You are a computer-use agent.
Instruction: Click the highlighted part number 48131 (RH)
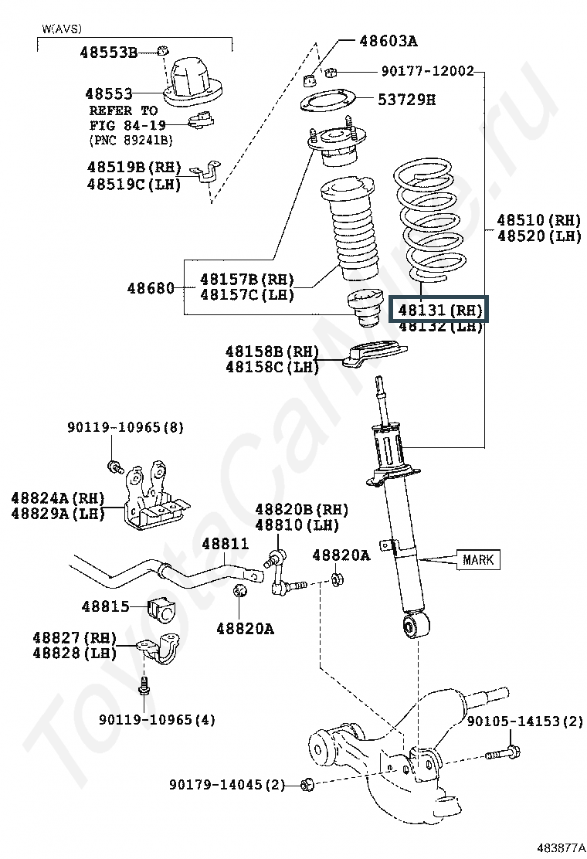pyautogui.click(x=439, y=311)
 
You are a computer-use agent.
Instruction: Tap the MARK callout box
pyautogui.click(x=477, y=559)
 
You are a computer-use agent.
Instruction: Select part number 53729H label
pyautogui.click(x=407, y=99)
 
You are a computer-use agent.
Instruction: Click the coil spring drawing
pyautogui.click(x=430, y=219)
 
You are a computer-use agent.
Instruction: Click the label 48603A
pyautogui.click(x=389, y=40)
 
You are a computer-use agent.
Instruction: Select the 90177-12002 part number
pyautogui.click(x=427, y=71)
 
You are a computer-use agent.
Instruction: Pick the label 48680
pyautogui.click(x=151, y=287)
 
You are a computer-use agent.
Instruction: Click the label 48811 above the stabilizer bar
pyautogui.click(x=225, y=544)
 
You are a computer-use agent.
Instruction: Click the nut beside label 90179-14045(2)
pyautogui.click(x=307, y=785)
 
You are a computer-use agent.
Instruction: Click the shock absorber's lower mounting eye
pyautogui.click(x=415, y=625)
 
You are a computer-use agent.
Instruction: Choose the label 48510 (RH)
pyautogui.click(x=538, y=220)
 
